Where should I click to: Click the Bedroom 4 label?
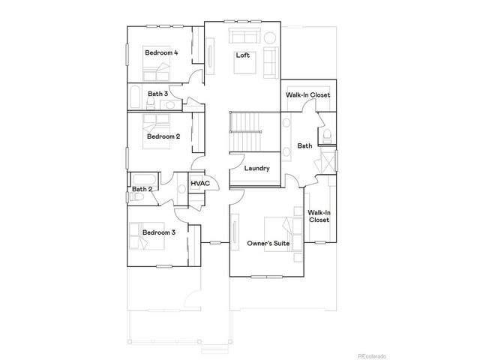tap(161, 52)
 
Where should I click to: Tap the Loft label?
tap(242, 55)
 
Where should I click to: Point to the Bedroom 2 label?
tap(163, 136)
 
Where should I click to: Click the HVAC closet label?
tap(199, 183)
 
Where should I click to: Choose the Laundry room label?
tap(256, 168)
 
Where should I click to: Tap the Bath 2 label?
tap(142, 189)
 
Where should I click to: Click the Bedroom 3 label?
tap(158, 232)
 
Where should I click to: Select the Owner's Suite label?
tap(268, 244)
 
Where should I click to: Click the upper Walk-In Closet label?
tap(308, 95)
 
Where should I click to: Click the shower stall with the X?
tap(328, 162)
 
